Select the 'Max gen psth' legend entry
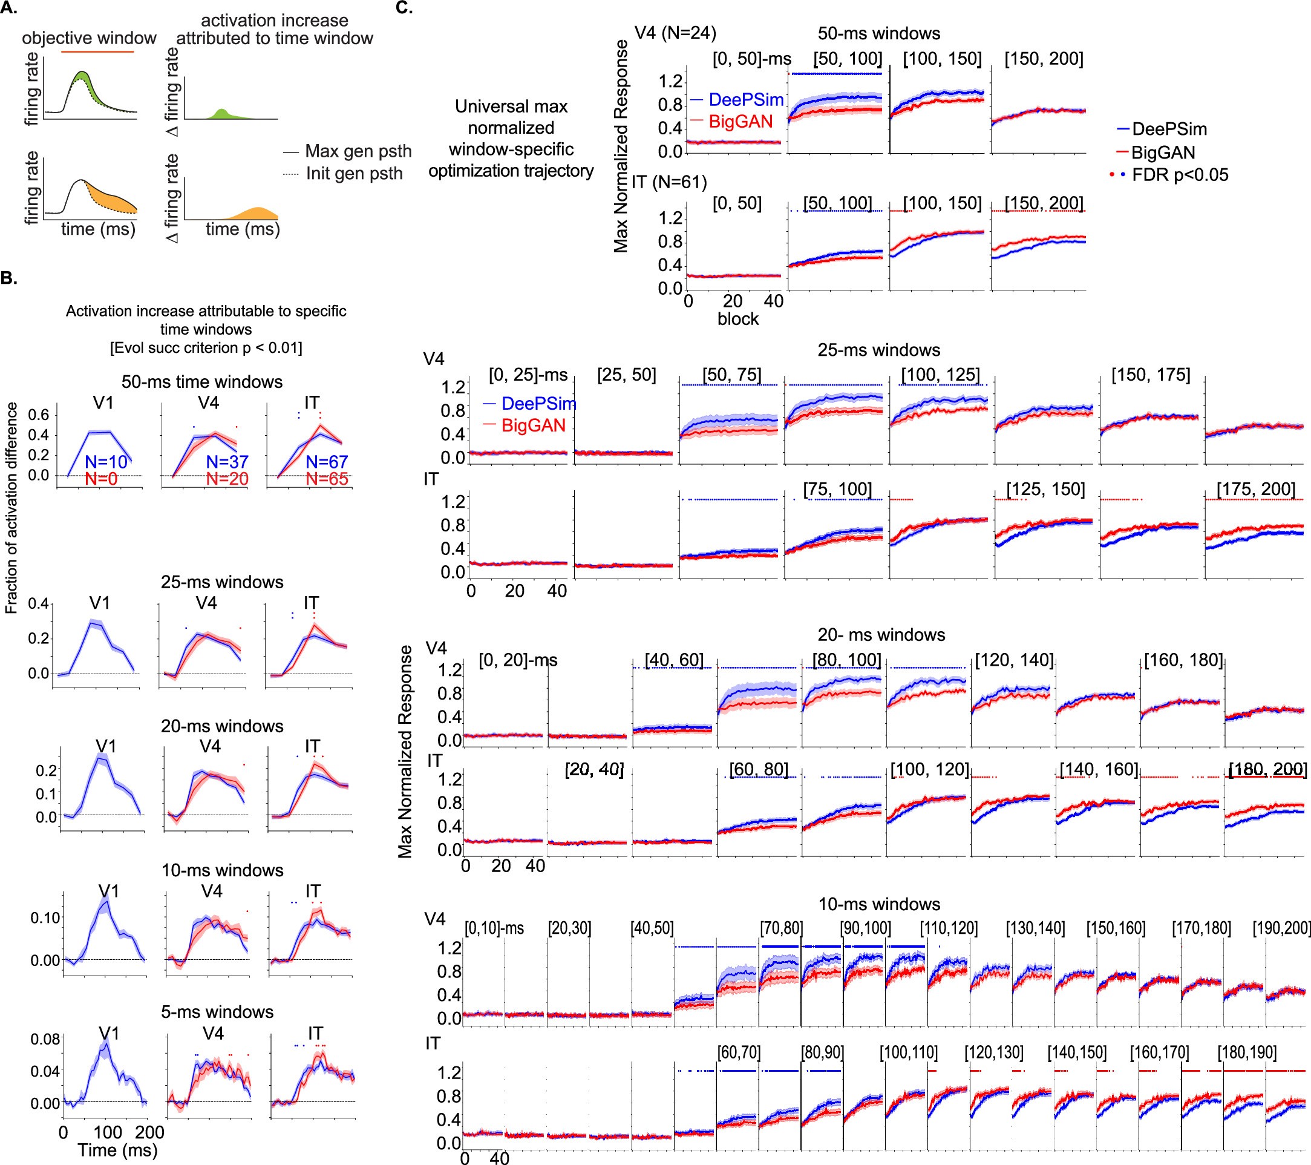click(x=347, y=151)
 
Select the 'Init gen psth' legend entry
click(x=343, y=174)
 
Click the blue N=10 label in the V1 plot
click(x=106, y=461)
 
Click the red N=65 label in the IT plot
click(x=327, y=479)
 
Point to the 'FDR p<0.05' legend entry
click(x=1169, y=174)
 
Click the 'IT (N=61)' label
click(x=669, y=182)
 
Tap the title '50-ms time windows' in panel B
click(x=202, y=382)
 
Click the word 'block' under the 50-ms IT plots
click(x=737, y=319)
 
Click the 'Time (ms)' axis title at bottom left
click(x=117, y=1150)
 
